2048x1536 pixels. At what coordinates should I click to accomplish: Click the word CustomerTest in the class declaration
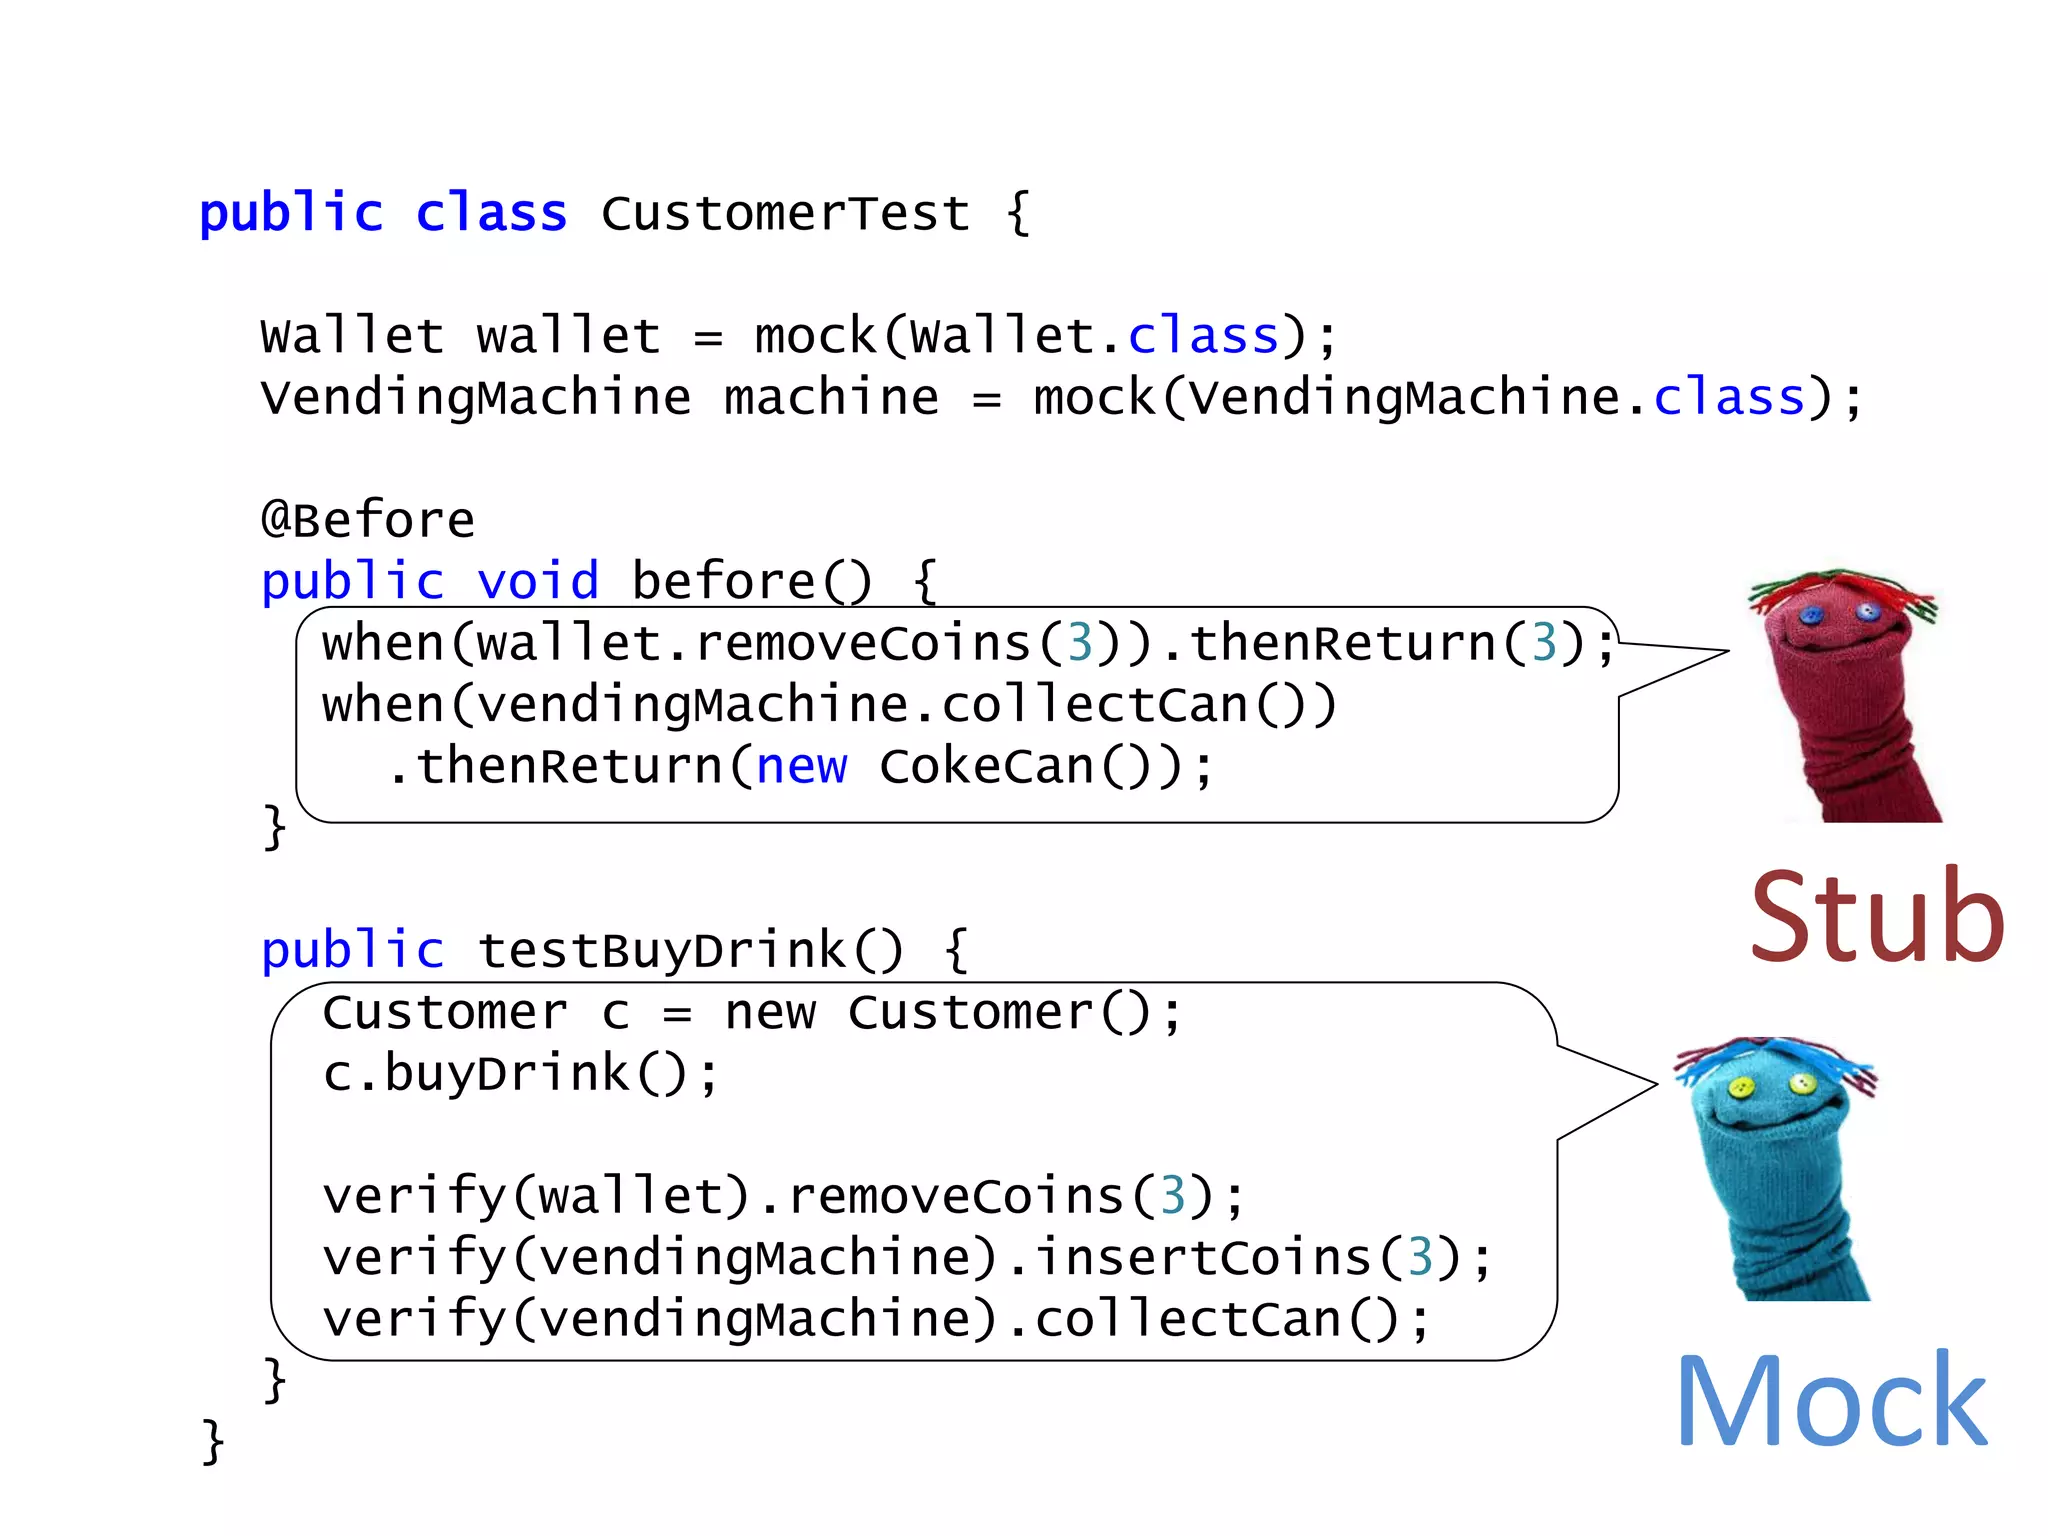(785, 213)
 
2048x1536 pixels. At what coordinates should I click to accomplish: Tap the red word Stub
(1877, 917)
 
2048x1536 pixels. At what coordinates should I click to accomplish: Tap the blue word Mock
(1831, 1401)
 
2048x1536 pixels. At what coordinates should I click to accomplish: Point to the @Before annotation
(367, 519)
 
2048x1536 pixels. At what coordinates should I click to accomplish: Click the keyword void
(537, 581)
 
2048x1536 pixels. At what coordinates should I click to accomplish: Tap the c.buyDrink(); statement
(520, 1074)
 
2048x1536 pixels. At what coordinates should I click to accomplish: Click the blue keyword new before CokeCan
(801, 767)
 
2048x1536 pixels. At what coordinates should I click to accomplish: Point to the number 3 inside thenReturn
(1544, 643)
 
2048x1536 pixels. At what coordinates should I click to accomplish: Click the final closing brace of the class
(212, 1441)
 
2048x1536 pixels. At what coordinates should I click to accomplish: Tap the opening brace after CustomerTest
(1018, 213)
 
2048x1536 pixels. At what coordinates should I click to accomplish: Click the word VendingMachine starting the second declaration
(475, 397)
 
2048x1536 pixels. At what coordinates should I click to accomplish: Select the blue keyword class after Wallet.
(1203, 336)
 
